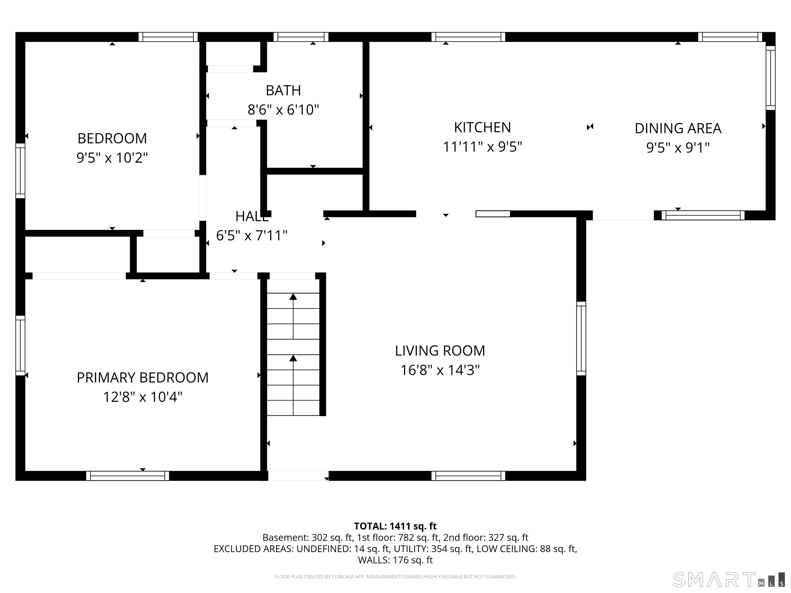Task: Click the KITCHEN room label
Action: click(482, 127)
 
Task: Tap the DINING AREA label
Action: click(678, 128)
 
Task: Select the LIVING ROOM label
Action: click(440, 351)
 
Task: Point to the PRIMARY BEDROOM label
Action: click(143, 378)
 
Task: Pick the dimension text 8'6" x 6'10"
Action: click(283, 110)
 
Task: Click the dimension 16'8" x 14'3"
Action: click(440, 370)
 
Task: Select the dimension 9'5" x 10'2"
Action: click(112, 157)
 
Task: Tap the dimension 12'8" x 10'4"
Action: click(143, 397)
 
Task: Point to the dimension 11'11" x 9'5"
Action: click(482, 146)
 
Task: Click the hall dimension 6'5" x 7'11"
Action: click(252, 235)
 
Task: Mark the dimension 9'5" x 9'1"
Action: click(678, 148)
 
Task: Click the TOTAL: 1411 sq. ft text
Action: click(395, 526)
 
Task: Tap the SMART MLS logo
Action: click(729, 579)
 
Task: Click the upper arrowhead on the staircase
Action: click(293, 296)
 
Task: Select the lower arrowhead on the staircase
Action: click(293, 358)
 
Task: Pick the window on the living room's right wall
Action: click(581, 338)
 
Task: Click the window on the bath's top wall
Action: click(301, 37)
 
